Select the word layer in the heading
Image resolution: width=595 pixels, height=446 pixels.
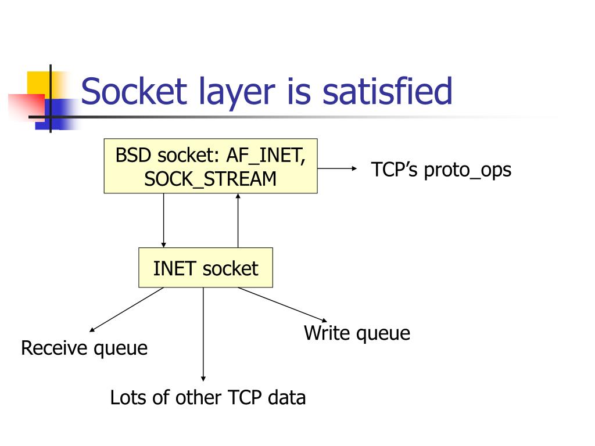pos(235,93)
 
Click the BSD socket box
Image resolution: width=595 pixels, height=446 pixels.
pos(210,166)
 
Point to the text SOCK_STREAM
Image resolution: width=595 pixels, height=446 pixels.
pos(210,178)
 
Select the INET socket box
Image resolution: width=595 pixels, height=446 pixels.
pos(205,268)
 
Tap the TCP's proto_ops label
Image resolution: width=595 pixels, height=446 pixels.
pos(441,170)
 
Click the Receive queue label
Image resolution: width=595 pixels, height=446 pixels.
pos(84,348)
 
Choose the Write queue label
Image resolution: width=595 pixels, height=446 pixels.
pos(357,333)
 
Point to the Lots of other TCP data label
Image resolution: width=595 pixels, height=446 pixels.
pos(208,398)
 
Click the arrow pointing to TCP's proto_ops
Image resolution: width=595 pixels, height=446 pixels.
pos(337,168)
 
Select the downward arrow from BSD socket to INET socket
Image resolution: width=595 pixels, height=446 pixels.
pos(164,221)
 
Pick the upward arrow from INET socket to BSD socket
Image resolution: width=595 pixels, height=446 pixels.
pos(238,221)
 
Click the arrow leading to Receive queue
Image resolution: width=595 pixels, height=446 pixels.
pos(127,310)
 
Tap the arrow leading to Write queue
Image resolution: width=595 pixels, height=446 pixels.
pos(282,304)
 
